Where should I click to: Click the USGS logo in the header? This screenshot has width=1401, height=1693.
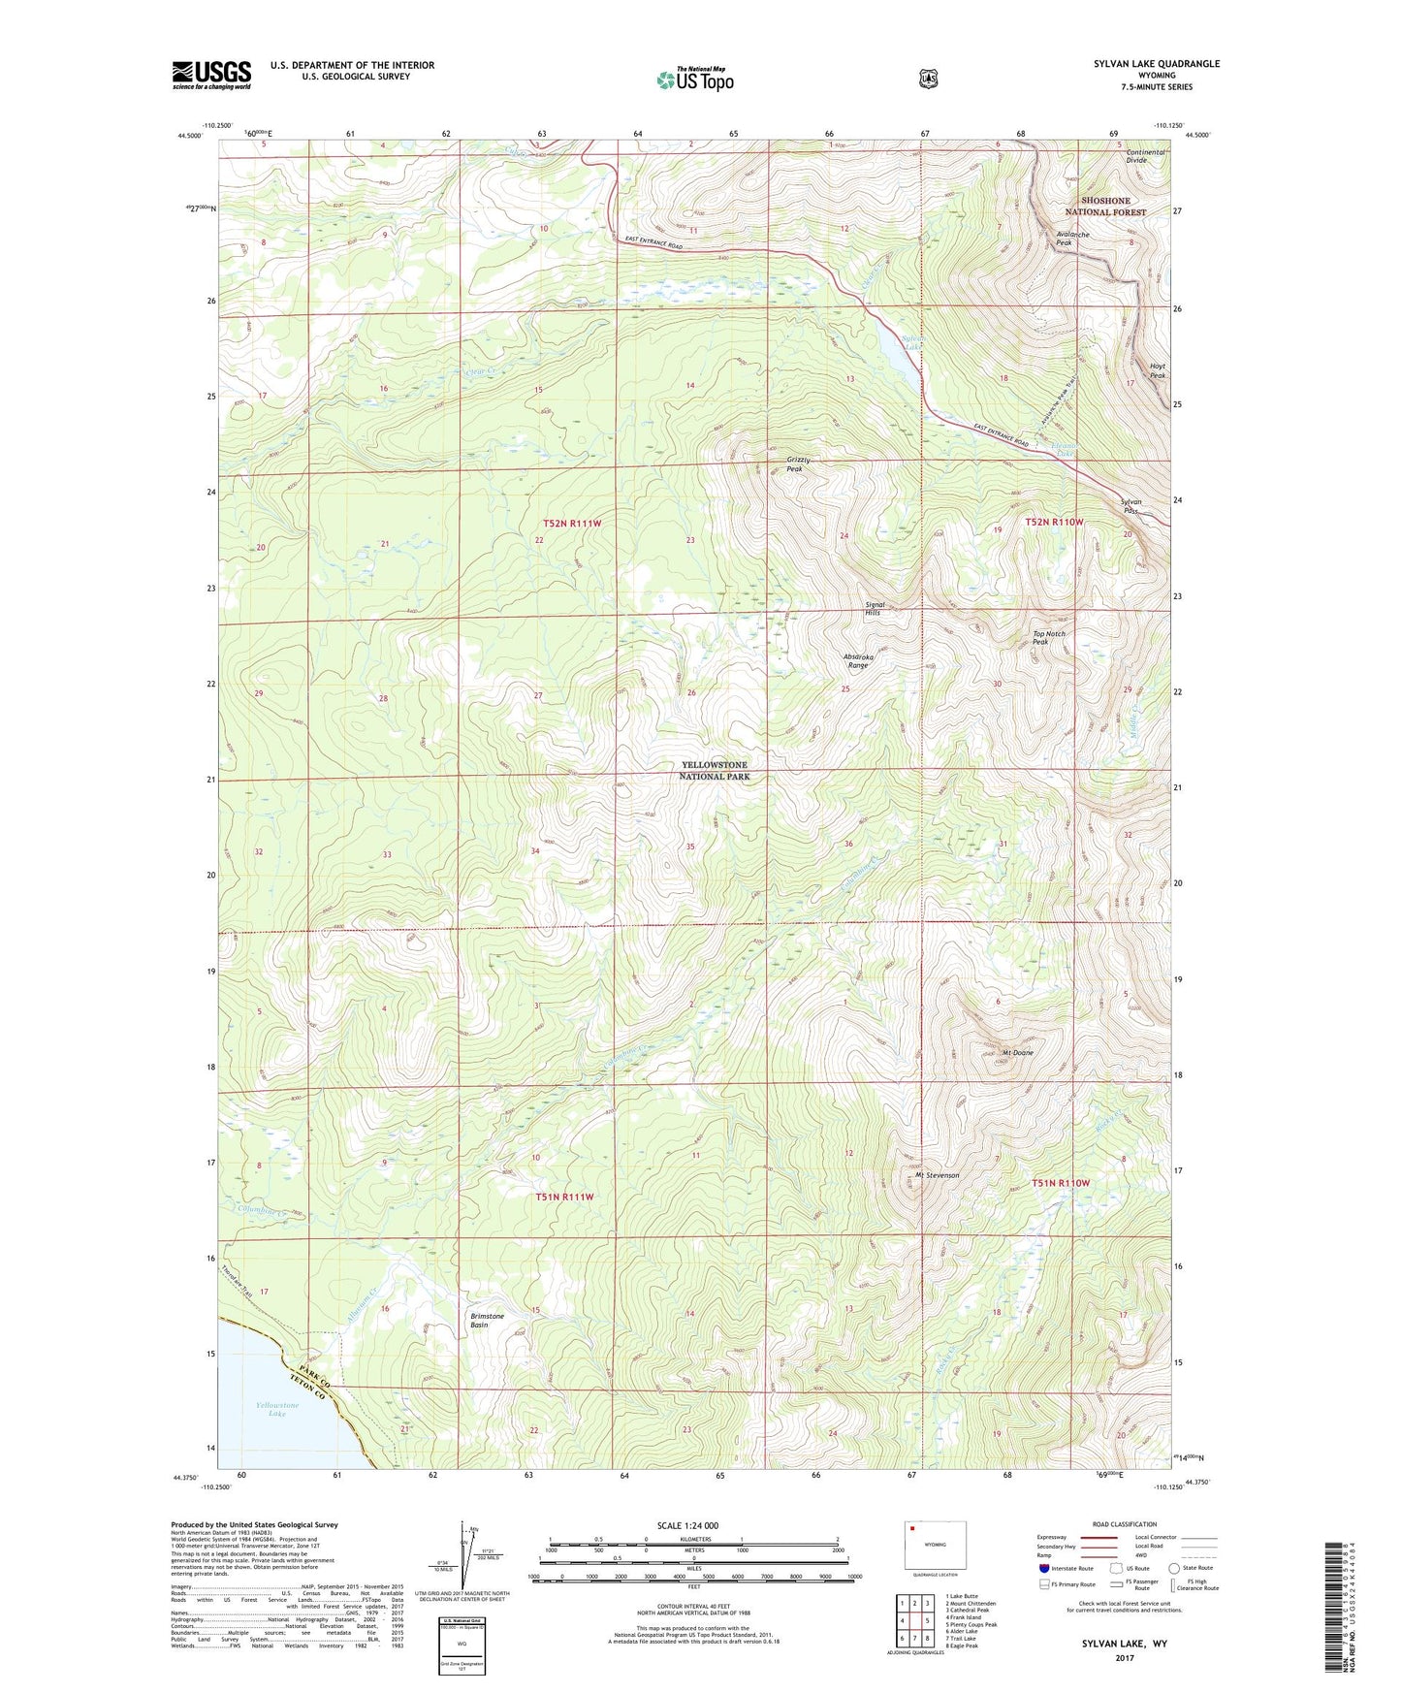click(x=211, y=74)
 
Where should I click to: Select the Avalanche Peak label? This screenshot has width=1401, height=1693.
click(x=1072, y=239)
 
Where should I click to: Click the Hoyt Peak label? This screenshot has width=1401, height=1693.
click(x=1157, y=370)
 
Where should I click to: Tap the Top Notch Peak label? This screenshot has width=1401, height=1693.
click(x=1048, y=638)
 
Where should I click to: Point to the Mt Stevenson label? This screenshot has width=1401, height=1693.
click(x=937, y=1175)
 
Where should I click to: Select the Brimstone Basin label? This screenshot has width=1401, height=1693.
click(x=487, y=1321)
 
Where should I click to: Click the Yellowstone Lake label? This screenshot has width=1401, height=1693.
click(x=277, y=1409)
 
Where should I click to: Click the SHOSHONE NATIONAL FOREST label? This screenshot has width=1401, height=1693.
click(x=1105, y=207)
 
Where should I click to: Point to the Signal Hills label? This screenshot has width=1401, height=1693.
click(x=874, y=609)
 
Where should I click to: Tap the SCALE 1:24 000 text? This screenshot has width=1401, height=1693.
click(x=687, y=1526)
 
